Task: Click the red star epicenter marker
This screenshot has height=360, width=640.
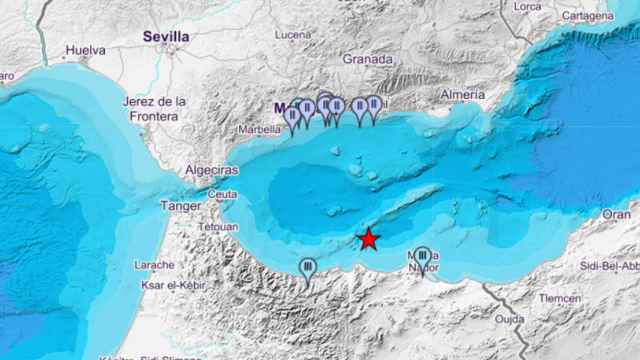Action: coord(369,239)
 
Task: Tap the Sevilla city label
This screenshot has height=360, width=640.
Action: coord(165,36)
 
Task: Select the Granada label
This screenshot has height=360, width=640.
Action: coord(367,59)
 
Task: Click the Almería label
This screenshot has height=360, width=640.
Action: coord(462,93)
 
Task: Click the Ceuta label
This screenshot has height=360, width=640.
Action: coord(224,193)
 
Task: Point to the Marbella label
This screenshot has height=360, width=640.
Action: coord(259,130)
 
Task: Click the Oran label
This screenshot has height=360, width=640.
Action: coord(616,214)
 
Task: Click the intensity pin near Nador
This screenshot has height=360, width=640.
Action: coord(422,258)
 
